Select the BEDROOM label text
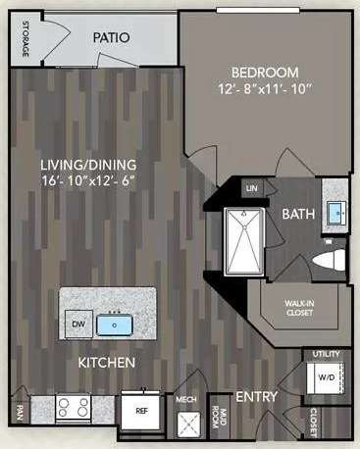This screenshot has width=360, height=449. point(265,73)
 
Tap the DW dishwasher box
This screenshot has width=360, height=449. point(77,321)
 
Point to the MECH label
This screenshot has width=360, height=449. point(185,401)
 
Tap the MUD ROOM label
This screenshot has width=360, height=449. point(224,415)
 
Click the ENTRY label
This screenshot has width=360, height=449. point(257,396)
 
